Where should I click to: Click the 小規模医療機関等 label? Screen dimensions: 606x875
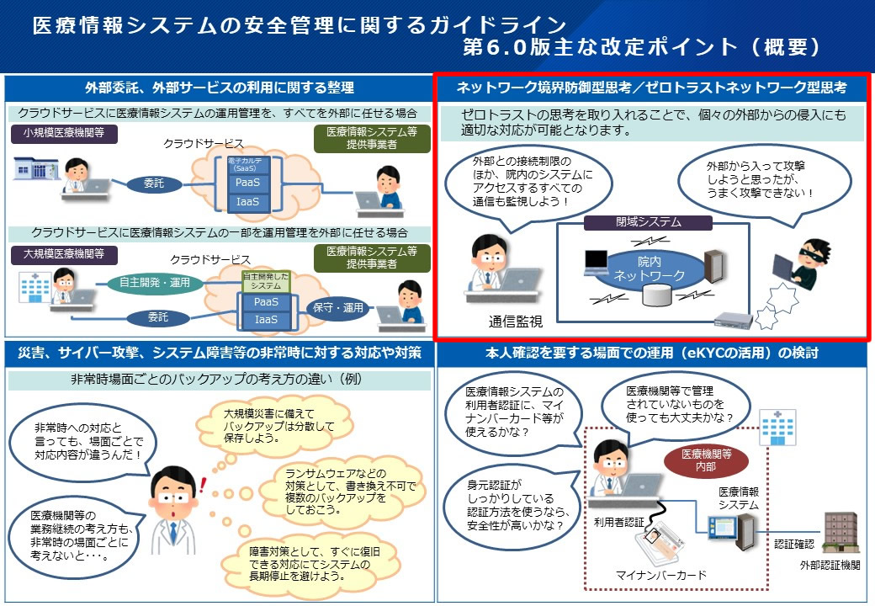[x=64, y=134]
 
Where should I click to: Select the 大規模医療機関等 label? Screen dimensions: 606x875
[x=64, y=252]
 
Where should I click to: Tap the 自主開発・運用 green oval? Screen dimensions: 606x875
[x=156, y=282]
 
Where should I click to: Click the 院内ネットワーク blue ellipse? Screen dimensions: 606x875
[x=649, y=268]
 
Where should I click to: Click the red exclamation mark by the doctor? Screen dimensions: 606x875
[x=204, y=483]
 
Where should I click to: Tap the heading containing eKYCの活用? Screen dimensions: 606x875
[x=651, y=353]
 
